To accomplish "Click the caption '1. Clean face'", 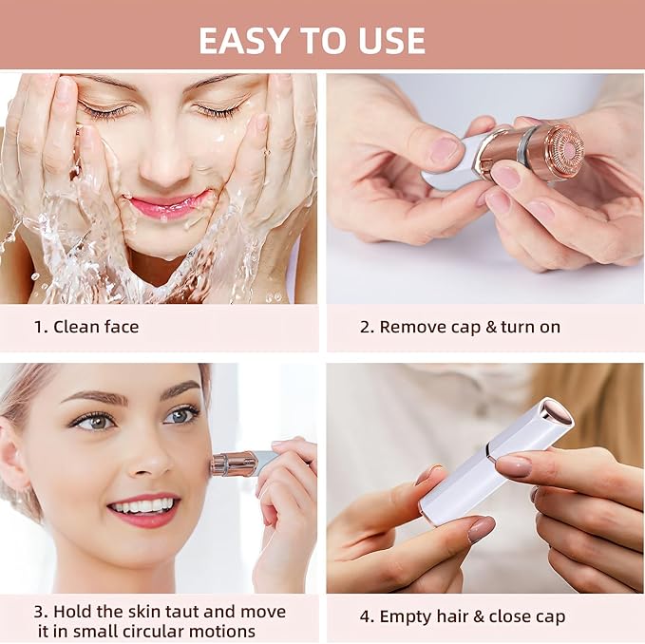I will (x=86, y=327).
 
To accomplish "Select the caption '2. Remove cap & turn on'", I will (x=460, y=327).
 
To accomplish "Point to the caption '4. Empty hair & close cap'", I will (x=462, y=616).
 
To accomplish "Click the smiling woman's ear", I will (x=13, y=466).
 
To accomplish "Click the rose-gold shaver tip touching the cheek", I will (x=230, y=464).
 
